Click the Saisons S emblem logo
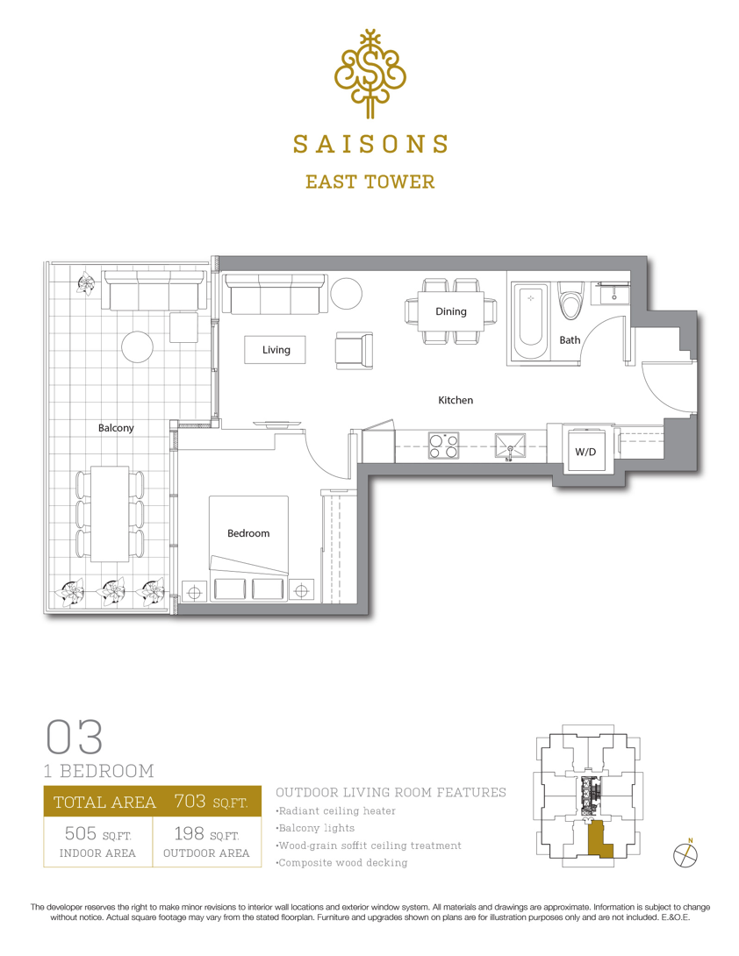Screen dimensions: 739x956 (x=369, y=73)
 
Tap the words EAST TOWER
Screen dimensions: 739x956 (x=369, y=182)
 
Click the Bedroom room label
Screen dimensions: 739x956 (x=248, y=533)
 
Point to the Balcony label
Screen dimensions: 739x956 (x=116, y=427)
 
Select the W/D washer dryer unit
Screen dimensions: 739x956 (x=585, y=451)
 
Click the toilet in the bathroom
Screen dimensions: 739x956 (x=571, y=301)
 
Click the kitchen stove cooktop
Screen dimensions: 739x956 (x=443, y=445)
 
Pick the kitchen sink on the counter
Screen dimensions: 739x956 (x=510, y=447)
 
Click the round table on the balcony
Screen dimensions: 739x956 (x=137, y=347)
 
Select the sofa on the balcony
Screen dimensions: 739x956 (x=154, y=291)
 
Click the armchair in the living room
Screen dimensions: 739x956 (x=354, y=351)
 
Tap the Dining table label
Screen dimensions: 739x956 (x=451, y=311)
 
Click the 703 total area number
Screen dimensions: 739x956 (x=190, y=801)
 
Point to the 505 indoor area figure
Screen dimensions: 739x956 (x=81, y=833)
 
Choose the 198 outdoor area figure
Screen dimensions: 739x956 (x=190, y=833)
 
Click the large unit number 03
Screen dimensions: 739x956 (x=74, y=737)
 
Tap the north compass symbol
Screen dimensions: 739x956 (x=685, y=854)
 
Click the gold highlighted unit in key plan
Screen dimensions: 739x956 (x=598, y=839)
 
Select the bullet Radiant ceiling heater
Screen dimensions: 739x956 (x=335, y=811)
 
